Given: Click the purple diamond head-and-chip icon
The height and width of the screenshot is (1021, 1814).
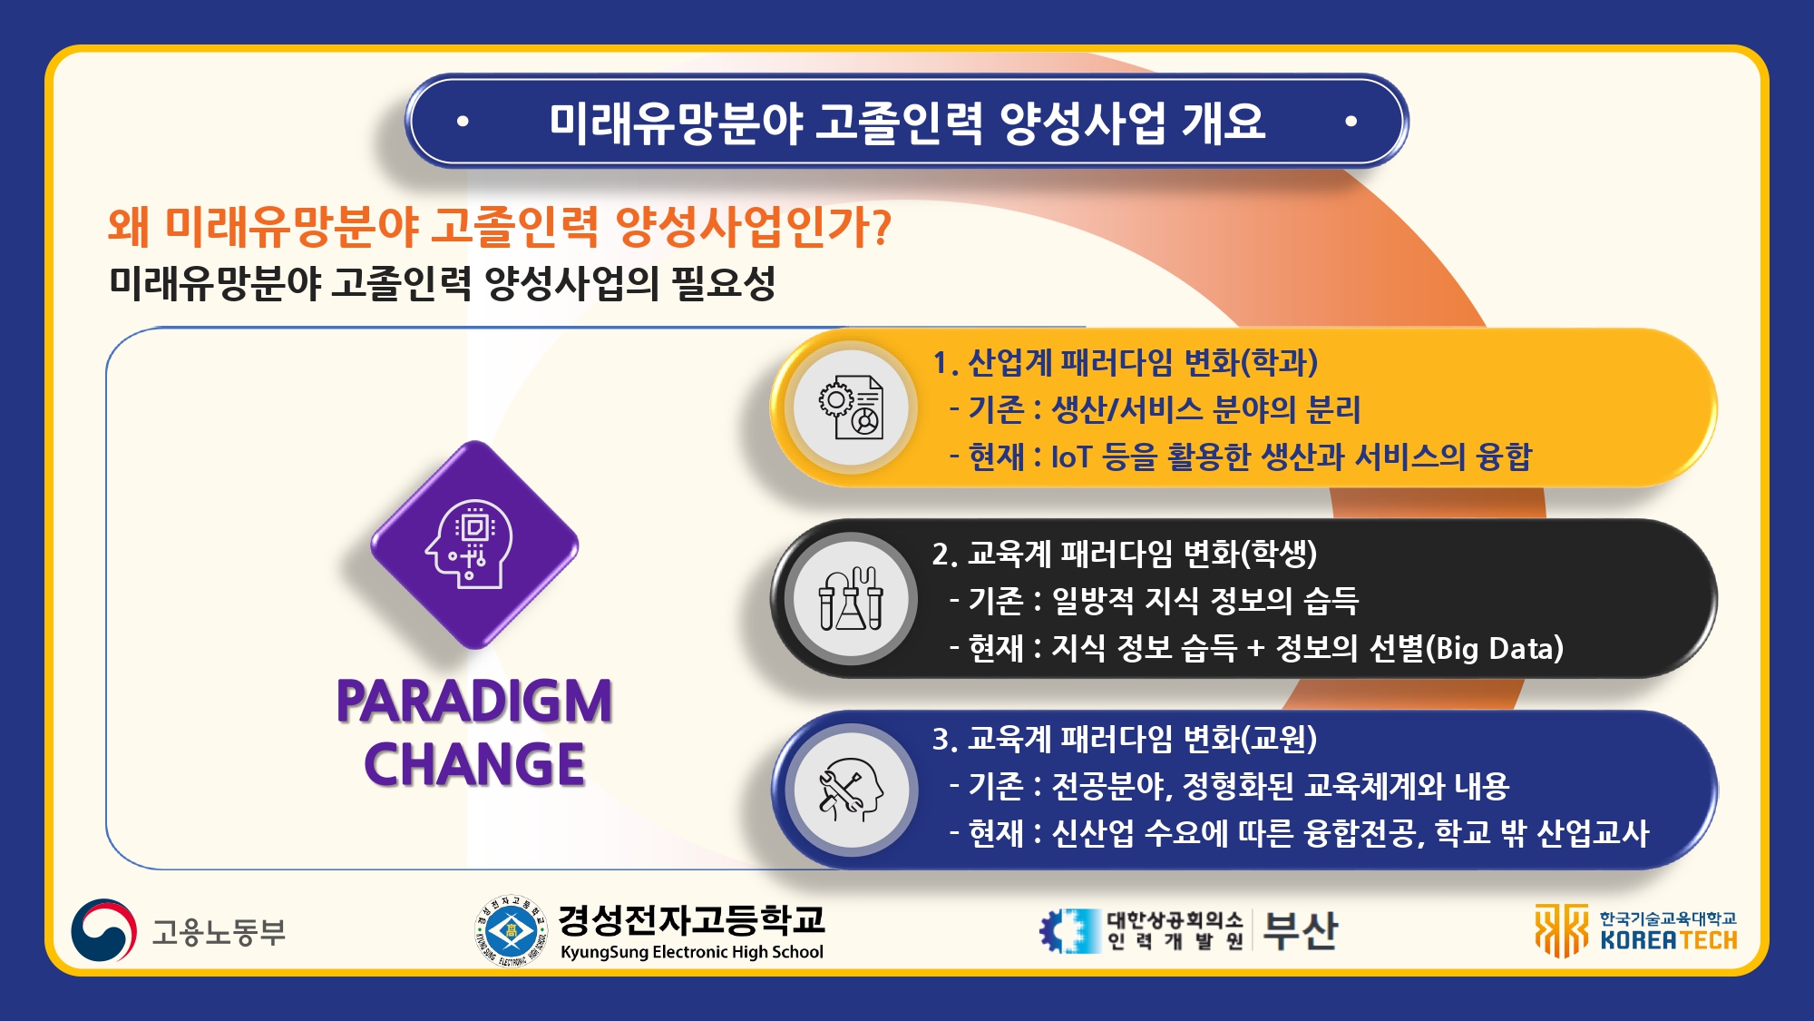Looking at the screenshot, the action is point(474,545).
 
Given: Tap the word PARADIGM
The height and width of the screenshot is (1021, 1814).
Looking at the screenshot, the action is point(474,701).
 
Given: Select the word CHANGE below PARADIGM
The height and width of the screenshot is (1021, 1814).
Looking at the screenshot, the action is point(474,763).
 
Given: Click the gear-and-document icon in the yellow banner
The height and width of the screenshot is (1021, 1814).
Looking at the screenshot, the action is point(851,408).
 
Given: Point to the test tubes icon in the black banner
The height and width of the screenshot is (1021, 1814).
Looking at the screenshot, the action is point(851,598).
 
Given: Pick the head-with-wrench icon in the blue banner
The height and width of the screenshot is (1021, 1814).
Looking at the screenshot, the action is point(851,790).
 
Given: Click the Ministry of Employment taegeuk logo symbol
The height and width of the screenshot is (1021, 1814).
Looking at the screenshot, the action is point(104,930).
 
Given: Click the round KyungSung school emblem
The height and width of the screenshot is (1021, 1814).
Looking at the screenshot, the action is point(512,930).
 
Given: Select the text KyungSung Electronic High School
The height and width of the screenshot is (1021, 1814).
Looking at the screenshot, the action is point(692,952).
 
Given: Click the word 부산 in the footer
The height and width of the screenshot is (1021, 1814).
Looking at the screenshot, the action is point(1300,930).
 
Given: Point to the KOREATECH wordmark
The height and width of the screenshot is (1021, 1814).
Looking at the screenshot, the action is point(1669,940).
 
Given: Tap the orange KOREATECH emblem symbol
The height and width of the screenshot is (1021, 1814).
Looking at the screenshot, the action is point(1562,930).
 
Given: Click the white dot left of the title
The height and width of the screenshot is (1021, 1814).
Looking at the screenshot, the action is point(463,121).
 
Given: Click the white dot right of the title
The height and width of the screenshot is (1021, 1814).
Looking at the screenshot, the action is point(1351,121).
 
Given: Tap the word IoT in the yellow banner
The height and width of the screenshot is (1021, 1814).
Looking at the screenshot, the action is point(1071,457).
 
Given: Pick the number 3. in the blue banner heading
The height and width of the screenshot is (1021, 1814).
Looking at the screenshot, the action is point(945,739).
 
